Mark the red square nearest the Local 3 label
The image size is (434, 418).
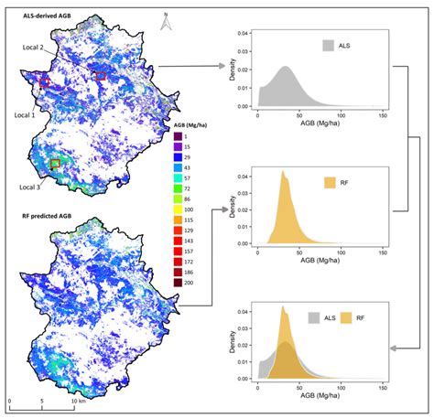point(55,164)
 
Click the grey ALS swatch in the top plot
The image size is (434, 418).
point(328,45)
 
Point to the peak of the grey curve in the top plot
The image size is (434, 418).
point(286,67)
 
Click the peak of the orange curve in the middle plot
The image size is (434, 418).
point(284,171)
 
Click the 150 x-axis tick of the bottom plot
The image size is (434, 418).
point(380,386)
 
